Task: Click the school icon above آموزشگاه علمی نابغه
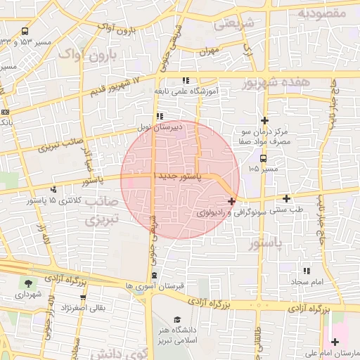click(x=185, y=80)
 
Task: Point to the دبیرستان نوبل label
click(x=178, y=127)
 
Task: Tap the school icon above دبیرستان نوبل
click(x=160, y=116)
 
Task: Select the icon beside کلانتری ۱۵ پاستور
click(x=53, y=188)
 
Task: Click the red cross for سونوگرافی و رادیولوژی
click(x=232, y=201)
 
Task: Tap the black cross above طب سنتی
click(x=286, y=198)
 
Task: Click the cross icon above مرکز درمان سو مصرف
click(x=264, y=120)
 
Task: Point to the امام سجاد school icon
click(x=306, y=271)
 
